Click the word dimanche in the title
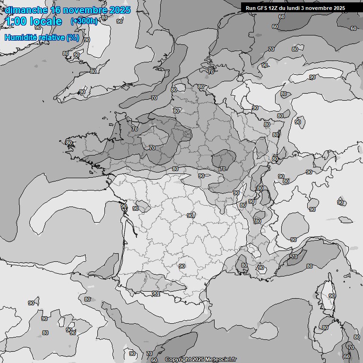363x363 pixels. point(26,9)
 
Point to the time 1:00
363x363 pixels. point(16,21)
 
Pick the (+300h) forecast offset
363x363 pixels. point(84,21)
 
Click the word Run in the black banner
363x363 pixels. point(251,8)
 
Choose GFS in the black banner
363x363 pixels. point(262,8)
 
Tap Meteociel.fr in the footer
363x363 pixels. point(220,359)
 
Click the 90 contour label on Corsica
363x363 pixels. point(332,296)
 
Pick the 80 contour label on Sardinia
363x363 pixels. point(325,328)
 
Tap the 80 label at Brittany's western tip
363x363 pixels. point(69,143)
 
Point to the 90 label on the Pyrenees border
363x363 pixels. point(155,294)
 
